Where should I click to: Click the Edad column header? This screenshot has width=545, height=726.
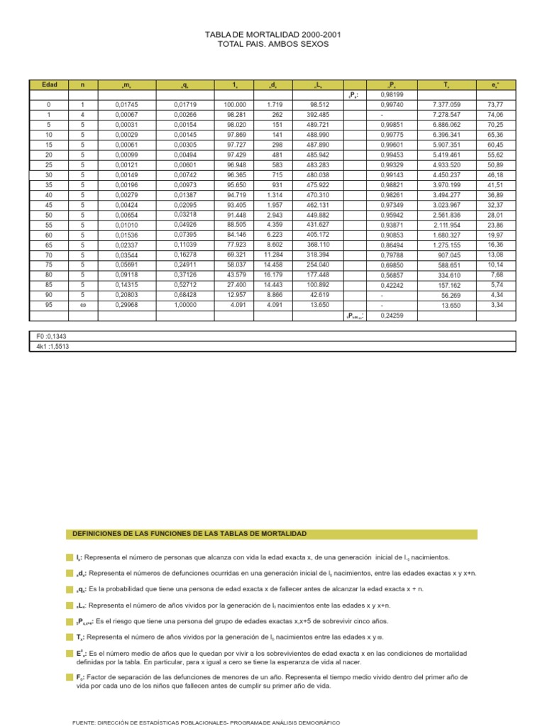[49, 85]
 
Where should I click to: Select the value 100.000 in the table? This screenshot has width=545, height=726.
[234, 104]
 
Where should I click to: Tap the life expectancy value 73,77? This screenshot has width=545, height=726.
[496, 104]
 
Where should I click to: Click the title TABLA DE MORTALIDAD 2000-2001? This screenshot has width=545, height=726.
[273, 34]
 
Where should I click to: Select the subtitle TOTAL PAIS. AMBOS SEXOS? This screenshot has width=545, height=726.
[273, 44]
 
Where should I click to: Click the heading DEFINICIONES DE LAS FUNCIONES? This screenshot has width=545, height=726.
[190, 533]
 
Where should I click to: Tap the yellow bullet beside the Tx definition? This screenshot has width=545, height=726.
[70, 637]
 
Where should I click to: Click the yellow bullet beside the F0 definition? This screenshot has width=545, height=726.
[70, 678]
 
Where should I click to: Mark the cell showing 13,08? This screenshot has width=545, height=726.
[496, 255]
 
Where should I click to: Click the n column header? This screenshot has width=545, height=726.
[82, 85]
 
